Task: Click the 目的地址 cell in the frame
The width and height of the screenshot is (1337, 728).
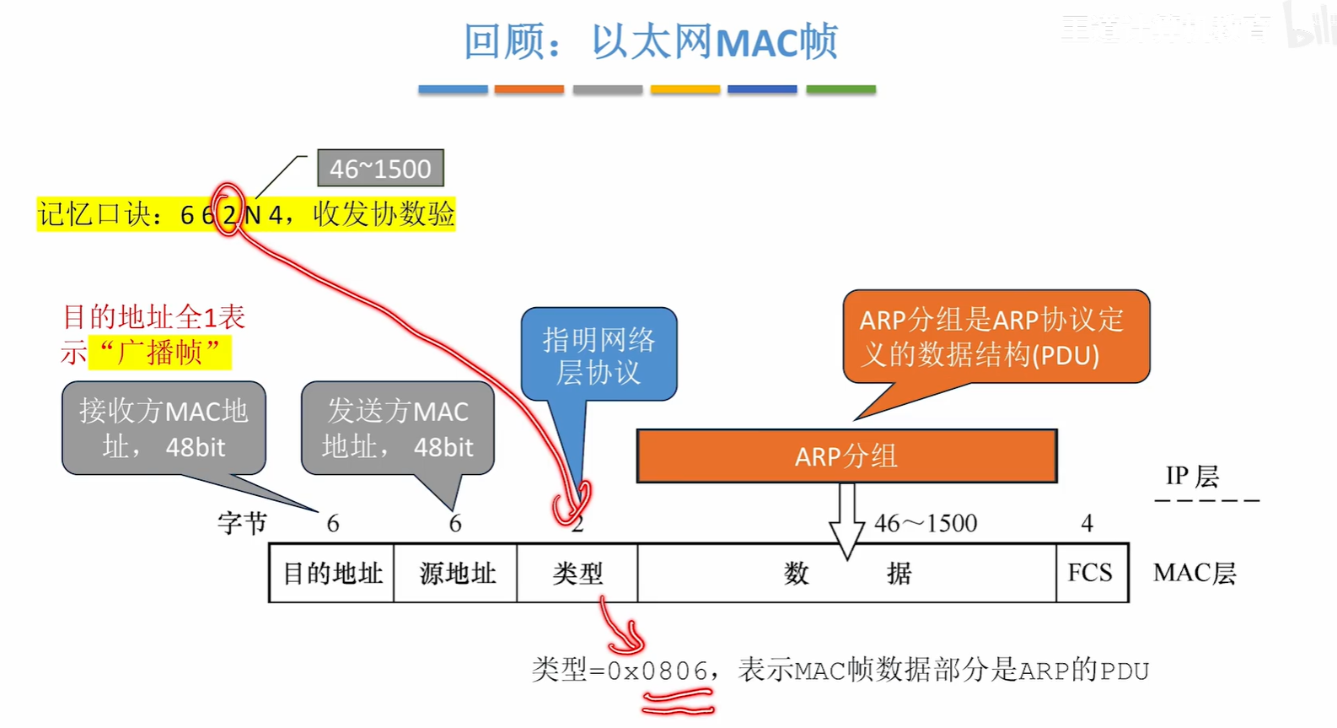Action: point(332,574)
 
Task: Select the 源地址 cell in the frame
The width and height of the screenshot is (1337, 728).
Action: point(456,574)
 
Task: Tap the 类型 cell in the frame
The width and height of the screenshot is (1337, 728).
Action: point(577,574)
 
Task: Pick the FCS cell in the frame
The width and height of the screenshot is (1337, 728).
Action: point(1091,574)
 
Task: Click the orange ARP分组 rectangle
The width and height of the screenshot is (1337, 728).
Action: point(846,456)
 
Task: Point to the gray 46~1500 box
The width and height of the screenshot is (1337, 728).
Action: point(380,169)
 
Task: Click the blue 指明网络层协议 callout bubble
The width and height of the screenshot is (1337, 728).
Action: point(599,355)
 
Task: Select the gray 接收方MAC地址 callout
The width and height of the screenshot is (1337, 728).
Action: point(164,428)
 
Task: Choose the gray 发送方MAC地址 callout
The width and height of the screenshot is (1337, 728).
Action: point(398,428)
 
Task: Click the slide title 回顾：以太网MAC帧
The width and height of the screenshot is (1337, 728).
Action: point(650,42)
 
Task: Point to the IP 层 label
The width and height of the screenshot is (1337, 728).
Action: point(1192,477)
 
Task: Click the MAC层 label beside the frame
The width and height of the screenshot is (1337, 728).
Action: point(1195,574)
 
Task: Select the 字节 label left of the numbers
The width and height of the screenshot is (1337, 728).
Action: point(242,524)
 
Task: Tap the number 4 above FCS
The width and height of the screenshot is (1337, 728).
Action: point(1087,524)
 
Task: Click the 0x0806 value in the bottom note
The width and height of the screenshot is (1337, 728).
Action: point(658,671)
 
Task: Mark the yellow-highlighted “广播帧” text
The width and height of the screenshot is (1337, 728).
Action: point(160,353)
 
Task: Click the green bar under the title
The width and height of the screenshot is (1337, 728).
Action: point(840,89)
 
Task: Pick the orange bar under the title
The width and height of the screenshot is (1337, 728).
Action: point(529,89)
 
